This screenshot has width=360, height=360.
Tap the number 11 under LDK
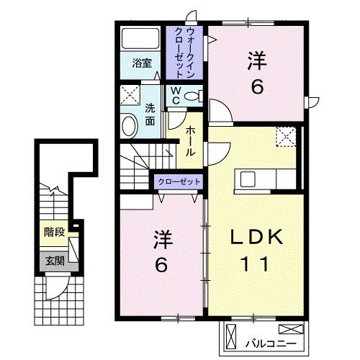pos(251,264)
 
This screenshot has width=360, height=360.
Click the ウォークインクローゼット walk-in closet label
pos(185,53)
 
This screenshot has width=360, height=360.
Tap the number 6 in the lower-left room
pos(162,264)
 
